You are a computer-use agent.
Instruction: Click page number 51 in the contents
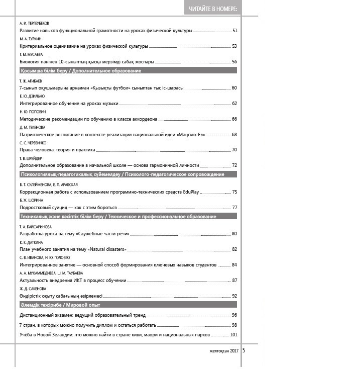click(234, 31)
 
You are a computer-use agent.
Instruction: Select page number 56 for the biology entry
click(234, 61)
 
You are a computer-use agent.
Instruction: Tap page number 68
click(234, 135)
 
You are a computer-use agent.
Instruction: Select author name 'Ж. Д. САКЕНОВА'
click(33, 289)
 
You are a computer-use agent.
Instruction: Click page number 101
click(233, 335)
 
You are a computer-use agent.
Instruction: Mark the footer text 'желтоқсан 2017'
click(224, 351)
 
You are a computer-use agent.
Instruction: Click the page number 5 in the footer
click(244, 350)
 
